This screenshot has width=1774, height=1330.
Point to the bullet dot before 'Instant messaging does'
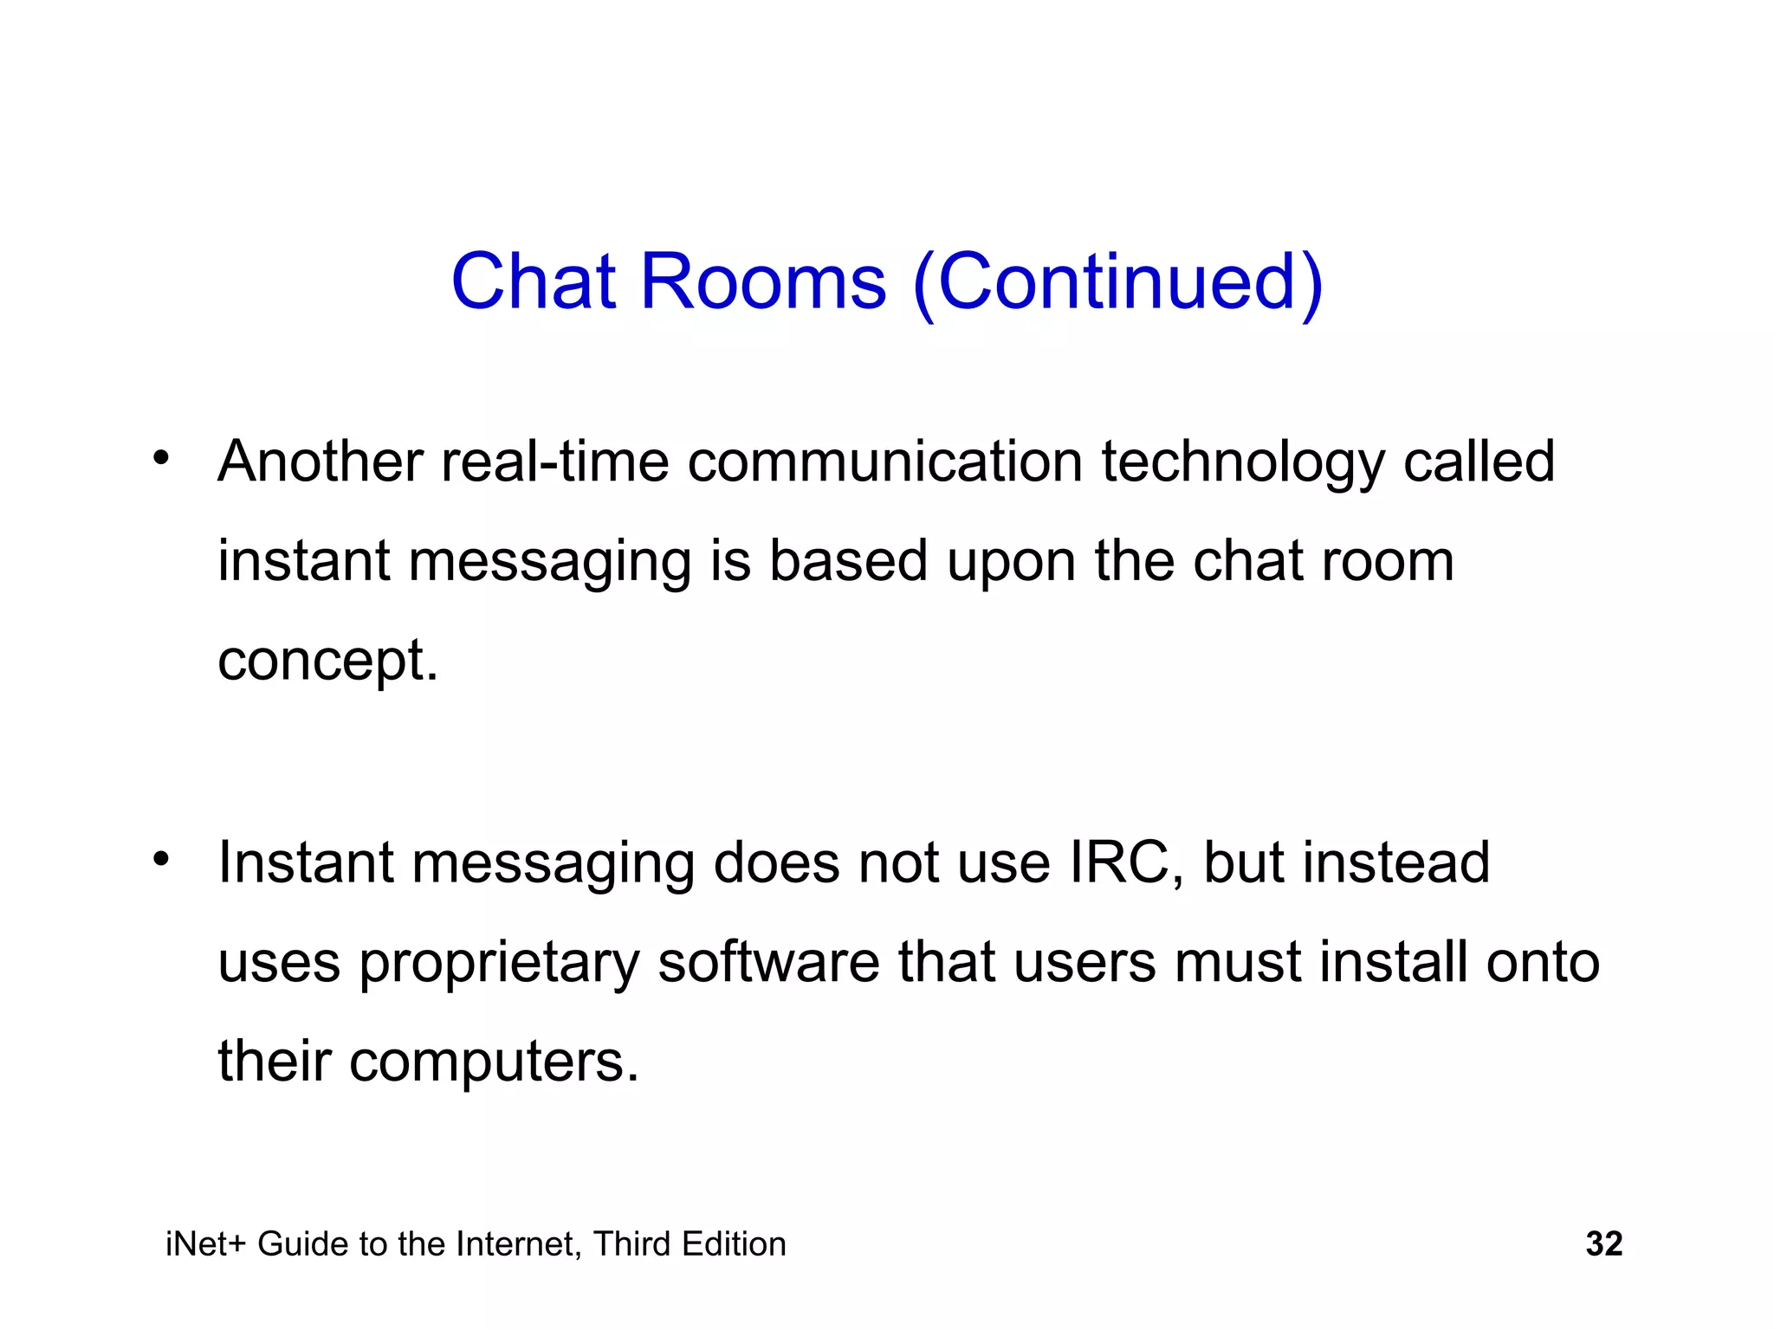[x=160, y=858]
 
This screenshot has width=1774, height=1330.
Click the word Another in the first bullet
[x=320, y=461]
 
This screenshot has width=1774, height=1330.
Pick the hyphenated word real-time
[x=554, y=461]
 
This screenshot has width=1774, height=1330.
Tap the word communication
[x=884, y=461]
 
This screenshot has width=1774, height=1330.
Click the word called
[x=1479, y=461]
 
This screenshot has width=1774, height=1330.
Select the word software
[x=768, y=962]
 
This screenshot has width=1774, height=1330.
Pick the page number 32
[x=1603, y=1244]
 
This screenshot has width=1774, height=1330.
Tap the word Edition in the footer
[x=735, y=1244]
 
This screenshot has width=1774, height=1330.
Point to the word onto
[x=1543, y=962]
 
